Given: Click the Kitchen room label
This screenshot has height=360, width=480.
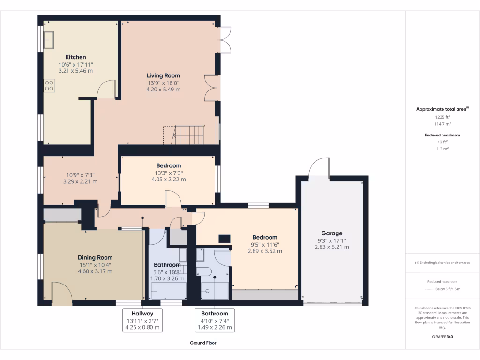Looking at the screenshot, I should [75, 57].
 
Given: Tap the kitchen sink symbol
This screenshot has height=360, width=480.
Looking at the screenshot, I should [49, 39].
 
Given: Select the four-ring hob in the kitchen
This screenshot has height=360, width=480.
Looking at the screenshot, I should [49, 85].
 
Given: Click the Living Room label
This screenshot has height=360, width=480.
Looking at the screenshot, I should [163, 75].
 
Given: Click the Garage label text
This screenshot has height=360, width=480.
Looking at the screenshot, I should [331, 233].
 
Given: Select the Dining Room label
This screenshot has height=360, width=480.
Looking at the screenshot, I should [95, 257].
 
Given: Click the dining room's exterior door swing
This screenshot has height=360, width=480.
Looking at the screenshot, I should [61, 293].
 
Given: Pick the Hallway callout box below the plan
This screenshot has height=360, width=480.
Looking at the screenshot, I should [143, 321].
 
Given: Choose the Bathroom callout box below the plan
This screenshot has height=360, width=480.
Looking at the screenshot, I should [215, 321].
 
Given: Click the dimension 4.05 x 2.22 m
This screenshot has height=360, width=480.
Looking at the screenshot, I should [168, 179].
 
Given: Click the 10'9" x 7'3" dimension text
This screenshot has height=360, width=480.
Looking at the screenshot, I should [80, 174].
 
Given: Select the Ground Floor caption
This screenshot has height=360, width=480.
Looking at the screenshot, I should [203, 343].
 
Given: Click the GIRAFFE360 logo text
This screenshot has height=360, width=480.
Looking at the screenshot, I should [442, 337].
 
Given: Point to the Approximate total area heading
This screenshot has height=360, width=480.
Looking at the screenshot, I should [442, 109].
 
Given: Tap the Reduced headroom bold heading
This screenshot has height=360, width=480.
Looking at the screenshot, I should [442, 135].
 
